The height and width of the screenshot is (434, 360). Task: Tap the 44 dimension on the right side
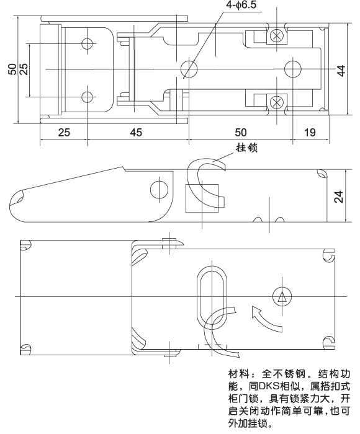[340, 70]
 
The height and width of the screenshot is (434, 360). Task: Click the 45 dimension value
[136, 132]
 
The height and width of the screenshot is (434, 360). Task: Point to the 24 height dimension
[339, 197]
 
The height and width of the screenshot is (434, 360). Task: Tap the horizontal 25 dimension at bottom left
[64, 132]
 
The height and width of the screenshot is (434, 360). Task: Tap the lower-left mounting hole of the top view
[87, 97]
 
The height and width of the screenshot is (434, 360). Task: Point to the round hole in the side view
[159, 188]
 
